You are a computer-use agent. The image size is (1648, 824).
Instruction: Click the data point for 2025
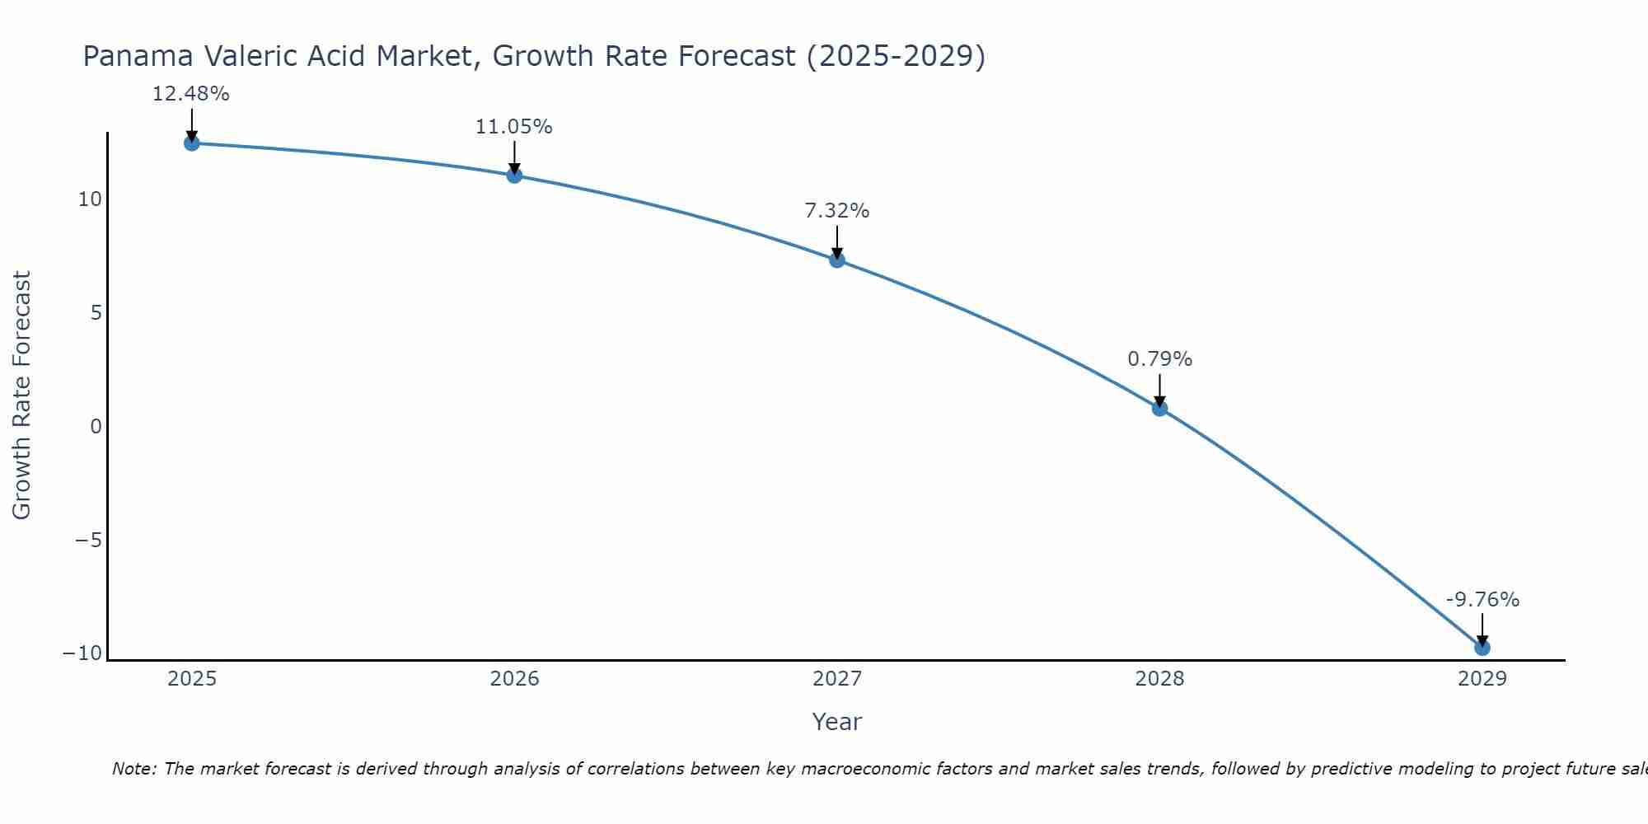(191, 143)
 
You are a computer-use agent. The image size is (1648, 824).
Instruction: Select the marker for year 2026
(514, 175)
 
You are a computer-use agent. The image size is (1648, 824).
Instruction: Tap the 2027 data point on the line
(837, 260)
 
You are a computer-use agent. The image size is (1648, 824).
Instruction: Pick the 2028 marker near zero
(1159, 408)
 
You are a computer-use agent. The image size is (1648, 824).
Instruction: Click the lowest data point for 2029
(1482, 648)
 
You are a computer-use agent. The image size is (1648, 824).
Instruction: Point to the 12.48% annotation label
(190, 94)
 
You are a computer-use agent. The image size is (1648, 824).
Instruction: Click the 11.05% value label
(513, 127)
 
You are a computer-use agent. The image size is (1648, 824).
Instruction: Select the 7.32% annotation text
(836, 211)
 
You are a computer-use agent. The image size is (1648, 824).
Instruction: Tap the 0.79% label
(1159, 359)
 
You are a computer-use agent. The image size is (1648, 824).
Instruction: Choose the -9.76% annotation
(1482, 600)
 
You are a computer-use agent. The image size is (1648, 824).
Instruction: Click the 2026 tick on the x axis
(514, 679)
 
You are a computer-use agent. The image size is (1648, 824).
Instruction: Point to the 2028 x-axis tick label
(1159, 679)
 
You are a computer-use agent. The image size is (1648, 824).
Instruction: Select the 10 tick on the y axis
(90, 199)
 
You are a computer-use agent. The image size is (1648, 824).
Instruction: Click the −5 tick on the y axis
(88, 541)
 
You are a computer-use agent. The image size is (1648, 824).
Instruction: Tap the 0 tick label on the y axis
(96, 427)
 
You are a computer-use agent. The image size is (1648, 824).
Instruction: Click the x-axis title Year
(836, 722)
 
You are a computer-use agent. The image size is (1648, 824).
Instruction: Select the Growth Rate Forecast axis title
(21, 396)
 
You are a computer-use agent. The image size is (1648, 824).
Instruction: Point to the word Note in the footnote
(133, 769)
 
